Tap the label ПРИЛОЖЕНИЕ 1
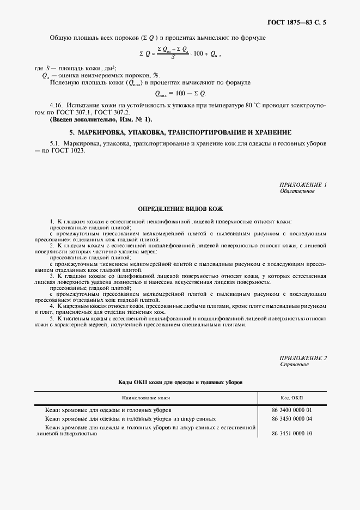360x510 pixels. pos(303,185)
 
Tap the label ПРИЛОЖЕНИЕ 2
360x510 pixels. pos(303,357)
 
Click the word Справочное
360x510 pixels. pos(295,364)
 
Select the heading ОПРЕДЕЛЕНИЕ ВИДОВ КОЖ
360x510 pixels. pos(180,209)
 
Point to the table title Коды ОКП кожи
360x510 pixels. pos(180,382)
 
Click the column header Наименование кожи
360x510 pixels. pos(146,398)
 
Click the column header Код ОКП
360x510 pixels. pos(291,398)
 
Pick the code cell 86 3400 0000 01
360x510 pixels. pos(291,409)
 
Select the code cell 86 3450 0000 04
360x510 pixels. pos(291,418)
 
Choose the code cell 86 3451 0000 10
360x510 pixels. pos(291,434)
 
